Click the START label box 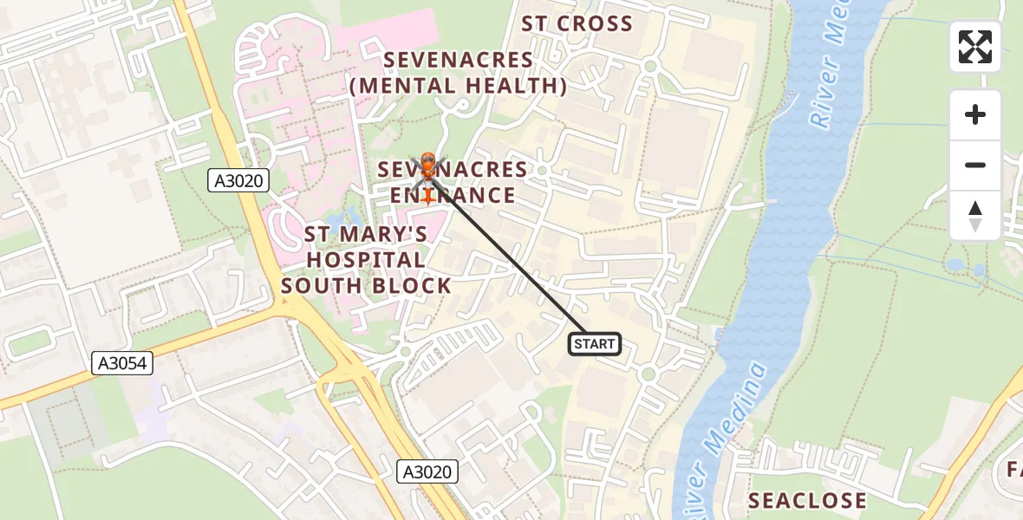click(x=595, y=344)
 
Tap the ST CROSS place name click(x=577, y=24)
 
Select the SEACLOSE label click(x=806, y=500)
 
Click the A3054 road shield click(x=122, y=365)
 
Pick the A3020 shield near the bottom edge click(x=427, y=471)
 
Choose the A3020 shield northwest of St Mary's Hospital click(x=239, y=180)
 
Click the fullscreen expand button click(x=975, y=47)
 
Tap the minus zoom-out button click(x=975, y=165)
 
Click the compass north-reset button click(x=975, y=216)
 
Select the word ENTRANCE click(x=453, y=195)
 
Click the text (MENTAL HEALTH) click(x=459, y=86)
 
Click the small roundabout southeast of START click(x=648, y=374)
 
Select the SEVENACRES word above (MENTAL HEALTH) click(x=459, y=60)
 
